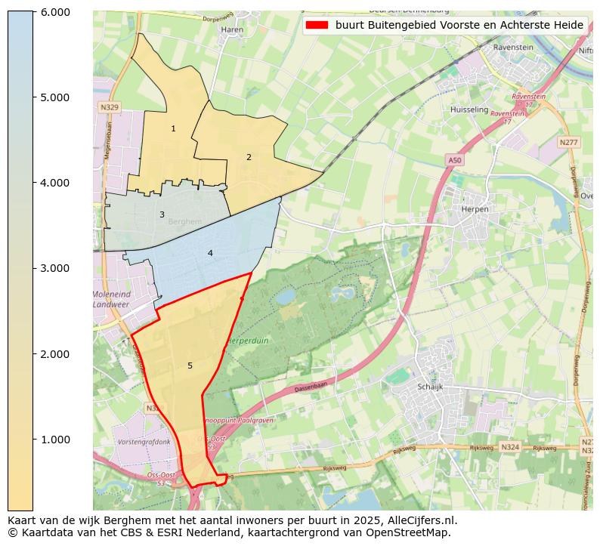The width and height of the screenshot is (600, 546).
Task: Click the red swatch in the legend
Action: pos(317,25)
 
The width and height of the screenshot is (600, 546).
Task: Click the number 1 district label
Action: pos(173,129)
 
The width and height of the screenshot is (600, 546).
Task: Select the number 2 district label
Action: pos(249,157)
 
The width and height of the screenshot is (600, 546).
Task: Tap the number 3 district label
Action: pos(162,215)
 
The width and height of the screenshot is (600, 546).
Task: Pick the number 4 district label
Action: pos(210,253)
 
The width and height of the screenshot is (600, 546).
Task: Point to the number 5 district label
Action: pos(190,366)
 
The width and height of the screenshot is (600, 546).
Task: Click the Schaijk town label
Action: pos(430,387)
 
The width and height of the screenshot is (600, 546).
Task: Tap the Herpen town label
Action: pos(475,209)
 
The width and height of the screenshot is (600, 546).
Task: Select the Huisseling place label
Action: pos(469,110)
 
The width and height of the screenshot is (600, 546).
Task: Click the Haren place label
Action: pos(230,30)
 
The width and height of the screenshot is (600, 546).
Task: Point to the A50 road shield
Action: pos(454,161)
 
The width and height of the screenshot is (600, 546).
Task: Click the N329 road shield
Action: pos(109,108)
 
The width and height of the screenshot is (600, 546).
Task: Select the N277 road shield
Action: pos(568,142)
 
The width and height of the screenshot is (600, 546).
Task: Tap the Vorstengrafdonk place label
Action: pos(144,442)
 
